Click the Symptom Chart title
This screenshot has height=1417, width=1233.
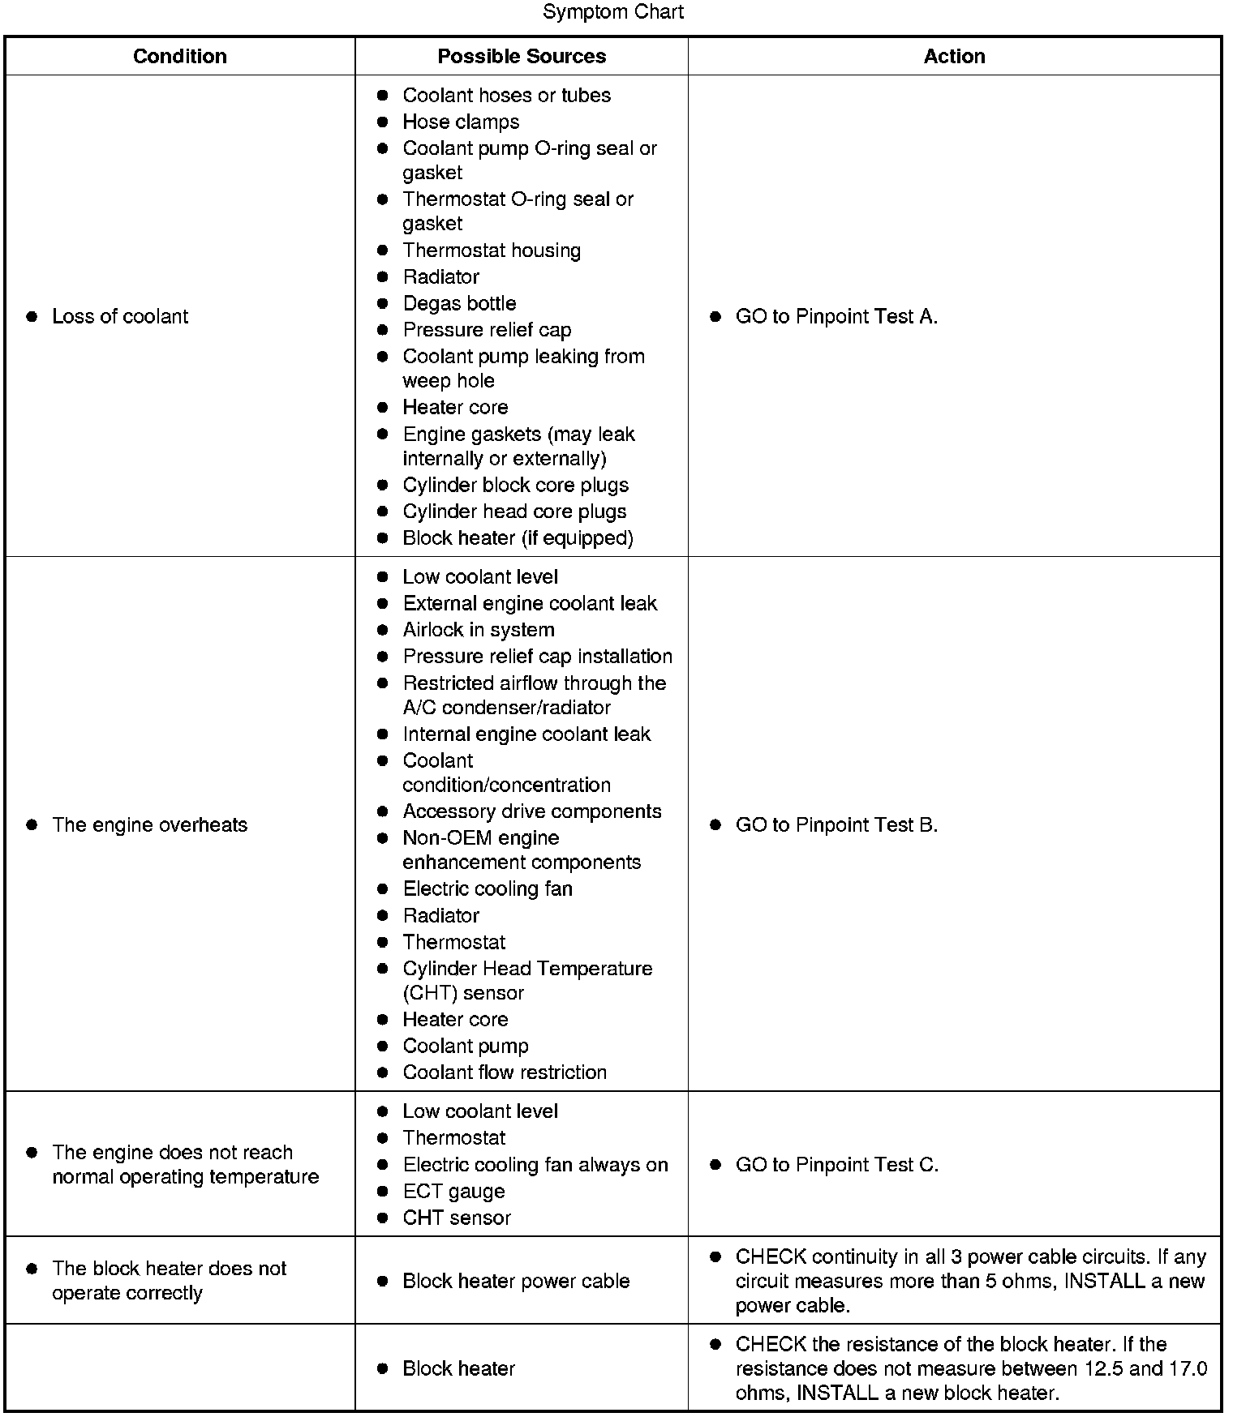pos(613,12)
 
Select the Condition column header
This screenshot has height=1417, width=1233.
pos(179,56)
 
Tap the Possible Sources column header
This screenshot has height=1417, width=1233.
pos(522,56)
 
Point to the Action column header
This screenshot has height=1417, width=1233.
pos(954,56)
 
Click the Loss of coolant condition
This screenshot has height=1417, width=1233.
pos(119,316)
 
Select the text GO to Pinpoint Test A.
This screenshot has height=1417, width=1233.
pos(836,316)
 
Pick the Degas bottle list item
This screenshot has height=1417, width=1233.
pos(459,303)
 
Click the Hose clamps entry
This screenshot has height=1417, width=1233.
pos(461,122)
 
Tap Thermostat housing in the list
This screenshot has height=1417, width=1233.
pos(492,250)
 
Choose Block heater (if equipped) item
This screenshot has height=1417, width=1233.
pos(518,538)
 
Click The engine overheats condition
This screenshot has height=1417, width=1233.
pos(149,824)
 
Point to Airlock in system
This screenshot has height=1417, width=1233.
pos(479,630)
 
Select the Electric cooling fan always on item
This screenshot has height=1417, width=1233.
pos(535,1165)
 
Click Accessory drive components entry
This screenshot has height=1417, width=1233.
pos(532,811)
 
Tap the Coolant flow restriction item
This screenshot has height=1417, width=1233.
pos(505,1072)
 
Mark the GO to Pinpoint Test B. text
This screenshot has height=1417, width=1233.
pos(836,824)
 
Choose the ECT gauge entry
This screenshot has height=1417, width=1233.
pos(453,1192)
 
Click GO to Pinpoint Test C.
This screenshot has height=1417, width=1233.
pos(836,1165)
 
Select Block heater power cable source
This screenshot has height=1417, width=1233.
pos(516,1281)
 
